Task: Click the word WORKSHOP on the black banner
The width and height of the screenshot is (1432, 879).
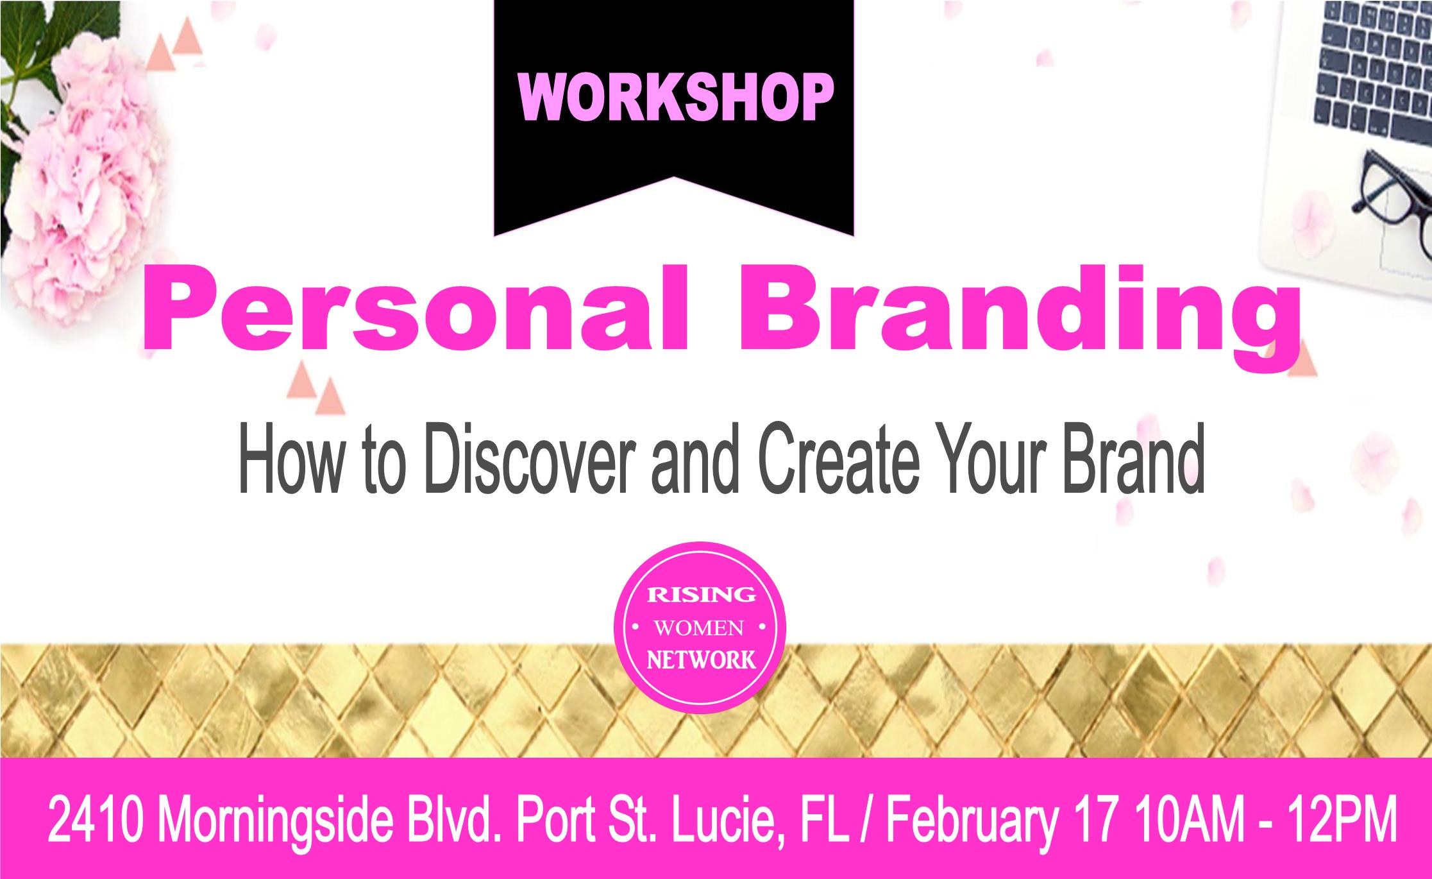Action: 675,98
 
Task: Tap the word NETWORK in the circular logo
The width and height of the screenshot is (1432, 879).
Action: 700,660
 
